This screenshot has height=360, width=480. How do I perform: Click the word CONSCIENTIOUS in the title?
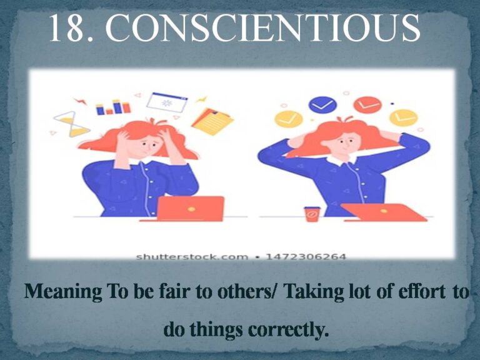pyautogui.click(x=262, y=27)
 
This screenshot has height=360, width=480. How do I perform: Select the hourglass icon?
pyautogui.click(x=72, y=124)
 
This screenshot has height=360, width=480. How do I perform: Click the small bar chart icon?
pyautogui.click(x=113, y=107)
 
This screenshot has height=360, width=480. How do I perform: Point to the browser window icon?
pyautogui.click(x=167, y=102)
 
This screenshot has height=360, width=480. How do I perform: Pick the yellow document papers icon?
pyautogui.click(x=212, y=121)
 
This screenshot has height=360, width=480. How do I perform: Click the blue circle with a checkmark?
pyautogui.click(x=322, y=105)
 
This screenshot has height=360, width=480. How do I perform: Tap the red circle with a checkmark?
pyautogui.click(x=367, y=105)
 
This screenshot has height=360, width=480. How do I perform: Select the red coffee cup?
pyautogui.click(x=312, y=214)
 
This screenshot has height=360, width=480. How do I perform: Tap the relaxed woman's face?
pyautogui.click(x=345, y=144)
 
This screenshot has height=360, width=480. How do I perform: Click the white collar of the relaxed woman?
pyautogui.click(x=342, y=160)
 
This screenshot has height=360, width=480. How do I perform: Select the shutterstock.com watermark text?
pyautogui.click(x=192, y=256)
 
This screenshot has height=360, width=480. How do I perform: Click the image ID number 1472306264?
pyautogui.click(x=306, y=256)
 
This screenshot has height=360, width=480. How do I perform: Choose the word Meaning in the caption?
pyautogui.click(x=63, y=291)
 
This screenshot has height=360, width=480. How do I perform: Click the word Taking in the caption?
pyautogui.click(x=314, y=291)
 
